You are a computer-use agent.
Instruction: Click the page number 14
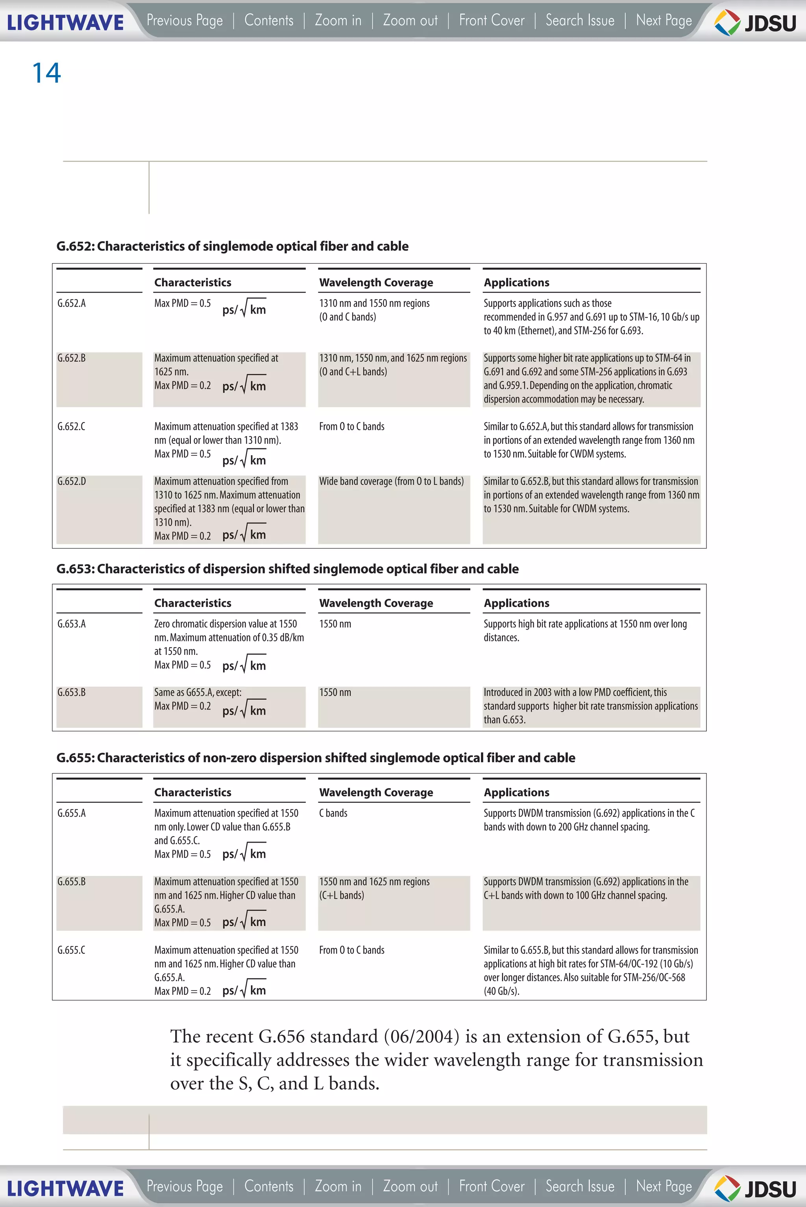(46, 73)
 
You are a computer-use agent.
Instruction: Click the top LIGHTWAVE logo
(65, 22)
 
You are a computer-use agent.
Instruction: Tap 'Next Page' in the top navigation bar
(663, 20)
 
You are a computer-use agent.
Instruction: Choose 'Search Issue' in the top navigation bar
(579, 20)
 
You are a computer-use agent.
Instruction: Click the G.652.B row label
(72, 358)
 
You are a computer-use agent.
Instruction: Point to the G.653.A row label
(72, 623)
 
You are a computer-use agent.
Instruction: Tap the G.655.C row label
(72, 950)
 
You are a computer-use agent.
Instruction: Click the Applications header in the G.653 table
(516, 603)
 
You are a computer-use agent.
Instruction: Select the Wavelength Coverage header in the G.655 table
(376, 792)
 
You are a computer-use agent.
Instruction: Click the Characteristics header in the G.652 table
(193, 282)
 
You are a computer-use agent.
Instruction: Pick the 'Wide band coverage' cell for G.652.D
(391, 481)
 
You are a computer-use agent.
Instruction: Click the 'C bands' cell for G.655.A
(333, 813)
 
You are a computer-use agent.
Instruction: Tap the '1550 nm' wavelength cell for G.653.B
(335, 692)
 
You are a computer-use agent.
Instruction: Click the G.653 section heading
(287, 569)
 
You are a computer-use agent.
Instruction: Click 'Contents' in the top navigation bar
(269, 20)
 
